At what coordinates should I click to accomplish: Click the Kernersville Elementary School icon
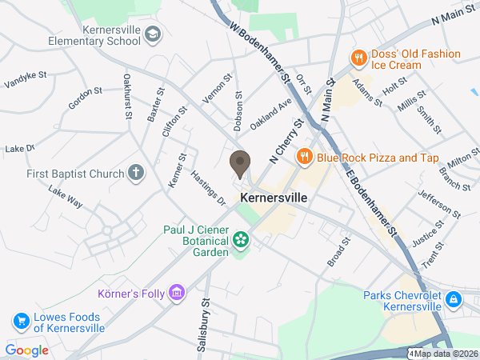[x=153, y=33]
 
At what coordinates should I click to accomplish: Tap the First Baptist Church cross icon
[x=137, y=174]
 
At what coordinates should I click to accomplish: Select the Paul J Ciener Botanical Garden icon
[x=241, y=239]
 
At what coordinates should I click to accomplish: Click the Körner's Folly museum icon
[x=178, y=293]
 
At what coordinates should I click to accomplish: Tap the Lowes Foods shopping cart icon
[x=21, y=322]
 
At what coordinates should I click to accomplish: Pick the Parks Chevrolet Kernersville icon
[x=454, y=299]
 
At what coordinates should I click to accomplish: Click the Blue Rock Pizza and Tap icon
[x=304, y=158]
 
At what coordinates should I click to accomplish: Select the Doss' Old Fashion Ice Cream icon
[x=359, y=58]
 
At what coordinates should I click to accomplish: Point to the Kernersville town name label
[x=274, y=196]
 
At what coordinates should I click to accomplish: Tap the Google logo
[x=26, y=350]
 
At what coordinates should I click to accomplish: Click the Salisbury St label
[x=206, y=314]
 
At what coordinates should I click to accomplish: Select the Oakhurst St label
[x=127, y=97]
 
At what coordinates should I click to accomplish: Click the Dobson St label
[x=238, y=106]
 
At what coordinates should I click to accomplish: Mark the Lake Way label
[x=66, y=197]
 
